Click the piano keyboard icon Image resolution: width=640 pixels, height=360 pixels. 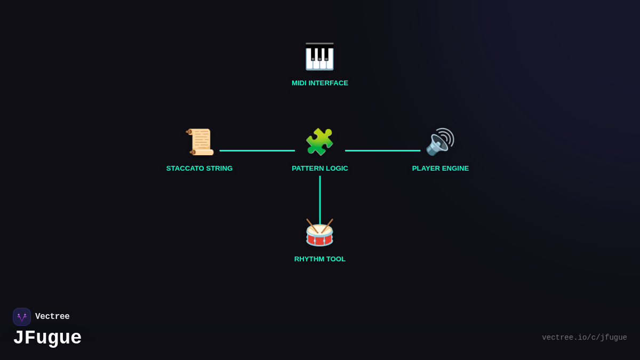(319, 57)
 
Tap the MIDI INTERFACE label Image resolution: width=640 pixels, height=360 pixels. (320, 83)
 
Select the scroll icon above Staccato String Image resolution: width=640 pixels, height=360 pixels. (200, 142)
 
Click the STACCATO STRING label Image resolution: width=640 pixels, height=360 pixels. (199, 169)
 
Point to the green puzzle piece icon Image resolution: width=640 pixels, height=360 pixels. (319, 142)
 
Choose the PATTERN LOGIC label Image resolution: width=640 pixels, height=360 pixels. (320, 169)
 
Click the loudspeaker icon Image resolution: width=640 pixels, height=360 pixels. (440, 142)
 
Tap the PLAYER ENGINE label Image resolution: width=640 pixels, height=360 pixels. (441, 169)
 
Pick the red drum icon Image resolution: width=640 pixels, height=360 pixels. (319, 233)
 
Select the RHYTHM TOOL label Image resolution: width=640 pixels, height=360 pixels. (320, 259)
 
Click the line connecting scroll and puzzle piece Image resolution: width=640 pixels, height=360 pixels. (257, 150)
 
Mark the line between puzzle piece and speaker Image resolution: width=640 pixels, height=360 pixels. (382, 150)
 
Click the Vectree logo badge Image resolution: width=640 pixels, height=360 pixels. (22, 317)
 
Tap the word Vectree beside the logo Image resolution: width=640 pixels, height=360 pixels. (52, 317)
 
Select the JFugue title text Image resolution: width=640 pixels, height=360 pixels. (47, 338)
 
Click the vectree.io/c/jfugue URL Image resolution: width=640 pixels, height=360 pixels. (584, 338)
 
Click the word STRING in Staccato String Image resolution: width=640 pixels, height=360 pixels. (219, 169)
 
